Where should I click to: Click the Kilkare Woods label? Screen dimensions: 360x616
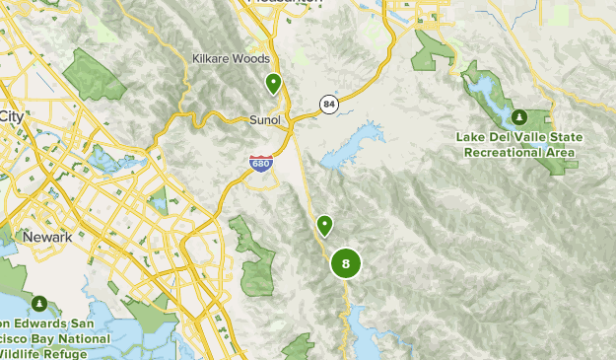(232, 58)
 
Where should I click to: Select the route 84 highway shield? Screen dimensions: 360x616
(328, 104)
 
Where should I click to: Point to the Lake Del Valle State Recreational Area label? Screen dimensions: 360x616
(518, 144)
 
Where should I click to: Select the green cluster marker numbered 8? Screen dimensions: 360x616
(345, 263)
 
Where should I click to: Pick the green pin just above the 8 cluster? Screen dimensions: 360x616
(324, 226)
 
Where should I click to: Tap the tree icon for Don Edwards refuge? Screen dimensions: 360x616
(39, 303)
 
